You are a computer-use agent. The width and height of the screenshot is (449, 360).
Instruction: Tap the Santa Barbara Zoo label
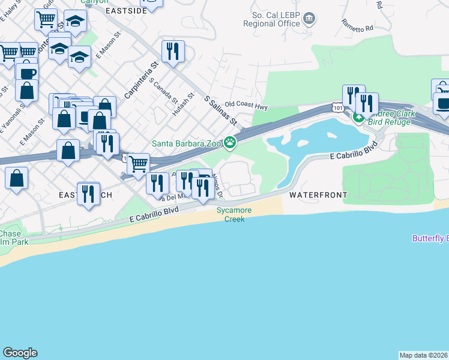pos(187,143)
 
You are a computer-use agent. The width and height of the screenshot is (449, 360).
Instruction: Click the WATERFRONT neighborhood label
pos(318,195)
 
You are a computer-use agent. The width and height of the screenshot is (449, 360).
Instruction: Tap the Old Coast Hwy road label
pos(246,106)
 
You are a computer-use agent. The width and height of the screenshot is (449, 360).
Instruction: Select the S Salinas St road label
pos(221,110)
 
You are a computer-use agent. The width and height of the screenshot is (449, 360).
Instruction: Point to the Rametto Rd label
pos(357,25)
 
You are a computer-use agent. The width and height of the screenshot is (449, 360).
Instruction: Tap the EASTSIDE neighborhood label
pos(126,11)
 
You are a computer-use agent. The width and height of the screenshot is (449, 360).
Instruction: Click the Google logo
pos(20,353)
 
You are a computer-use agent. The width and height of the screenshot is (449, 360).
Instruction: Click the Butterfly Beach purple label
pos(430,238)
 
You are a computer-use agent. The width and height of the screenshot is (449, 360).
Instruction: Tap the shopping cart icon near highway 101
pos(139,163)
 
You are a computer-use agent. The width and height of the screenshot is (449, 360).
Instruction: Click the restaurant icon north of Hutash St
pos(173,51)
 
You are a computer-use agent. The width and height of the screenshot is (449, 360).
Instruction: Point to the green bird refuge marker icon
pos(358,118)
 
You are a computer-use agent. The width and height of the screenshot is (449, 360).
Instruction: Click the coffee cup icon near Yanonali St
pos(27,73)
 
